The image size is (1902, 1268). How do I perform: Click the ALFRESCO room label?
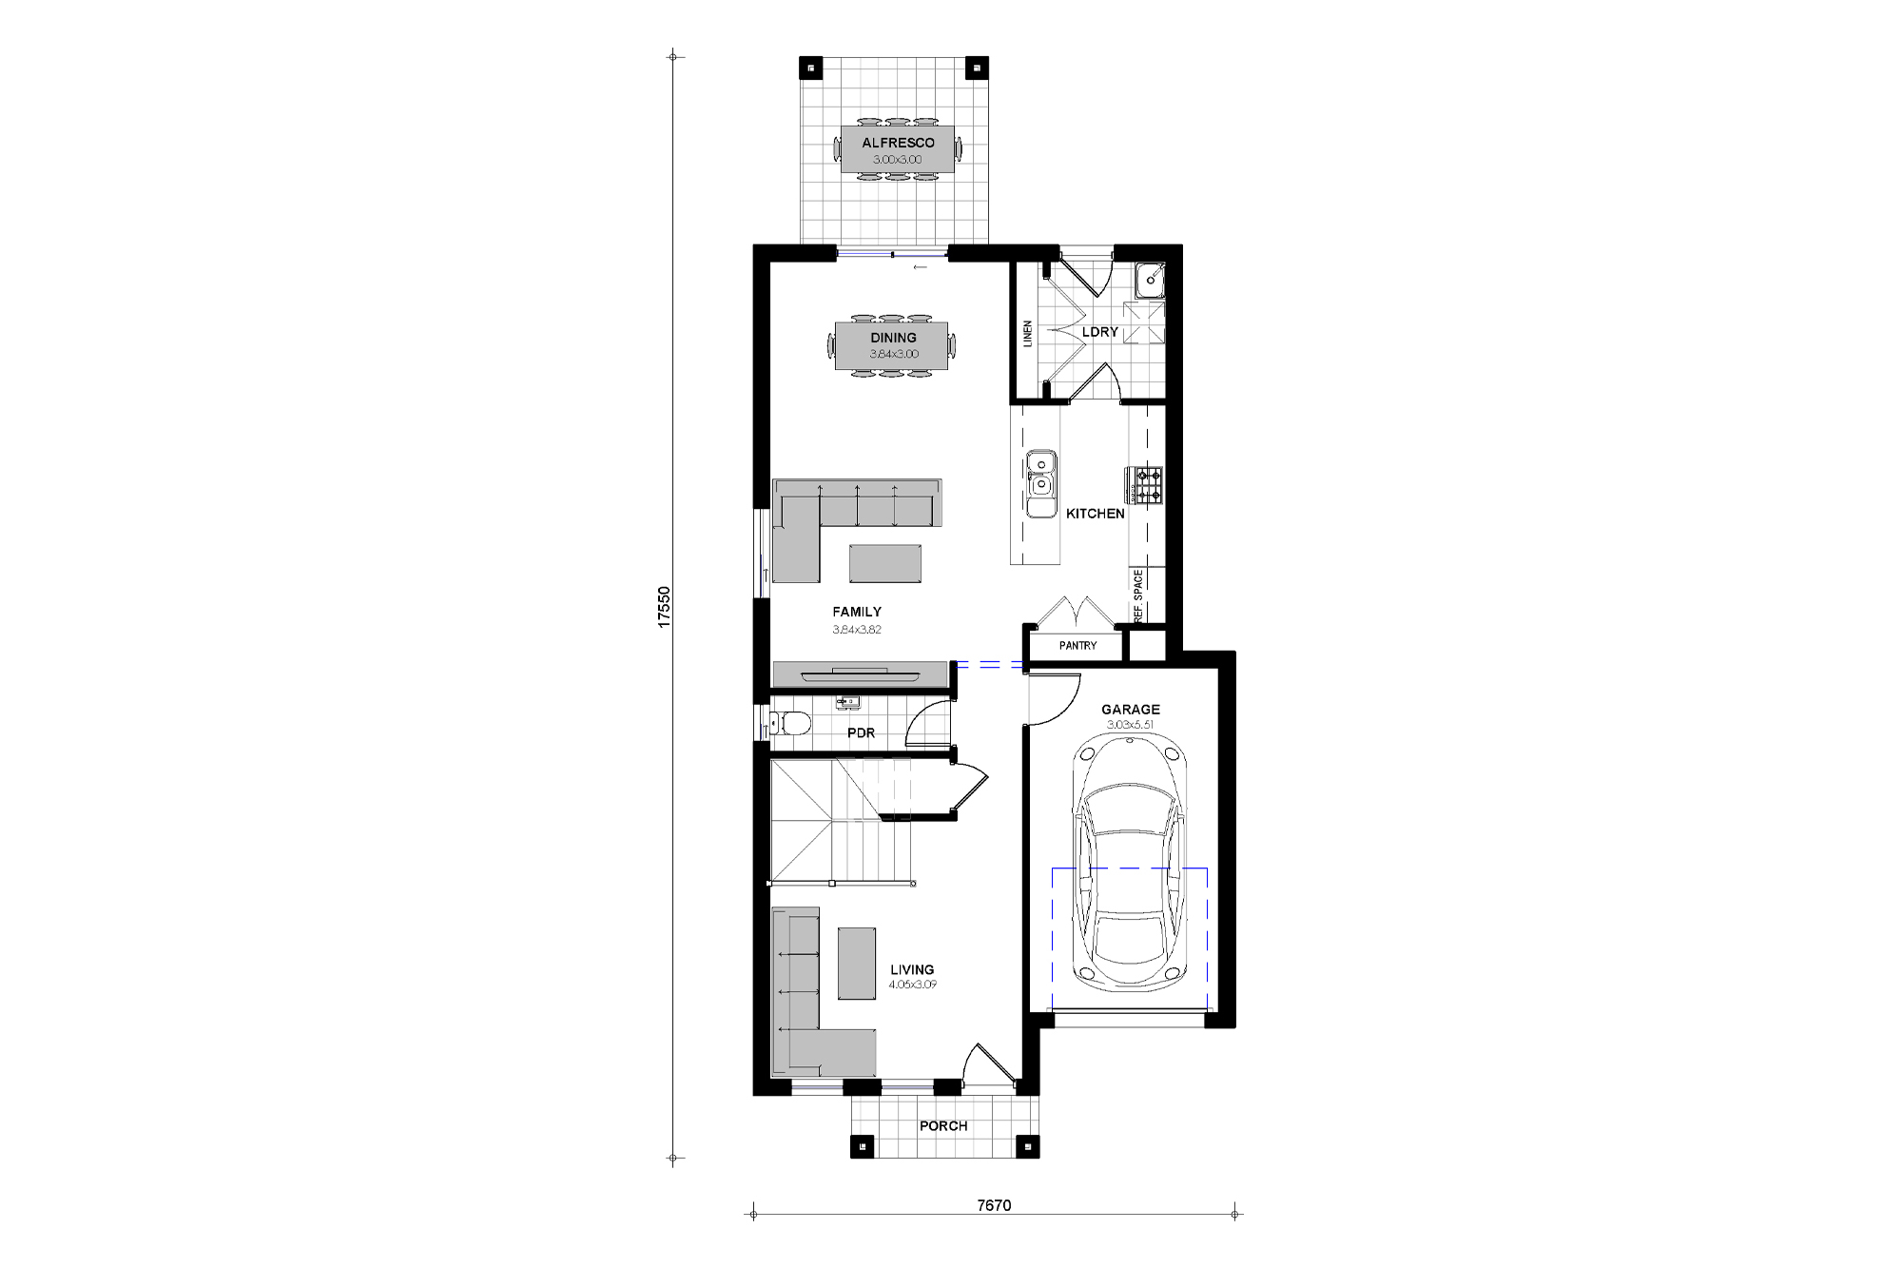click(x=898, y=143)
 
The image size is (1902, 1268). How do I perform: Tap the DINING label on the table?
click(x=893, y=338)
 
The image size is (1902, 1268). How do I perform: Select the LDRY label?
click(x=1100, y=332)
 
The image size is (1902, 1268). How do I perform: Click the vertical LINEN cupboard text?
click(x=1028, y=333)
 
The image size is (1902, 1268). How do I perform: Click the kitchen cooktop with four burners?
click(x=1145, y=485)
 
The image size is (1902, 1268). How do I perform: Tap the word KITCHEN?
click(x=1095, y=514)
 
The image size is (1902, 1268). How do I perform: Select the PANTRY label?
click(x=1077, y=646)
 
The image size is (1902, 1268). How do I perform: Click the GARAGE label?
click(x=1131, y=710)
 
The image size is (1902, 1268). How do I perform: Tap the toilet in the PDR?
click(x=789, y=725)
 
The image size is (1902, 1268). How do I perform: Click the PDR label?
click(x=861, y=734)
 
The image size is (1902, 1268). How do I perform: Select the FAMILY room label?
click(x=857, y=613)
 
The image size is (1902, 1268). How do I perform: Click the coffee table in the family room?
click(x=885, y=562)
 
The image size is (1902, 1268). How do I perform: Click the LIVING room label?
click(x=912, y=970)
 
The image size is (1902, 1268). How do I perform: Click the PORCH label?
click(x=943, y=1126)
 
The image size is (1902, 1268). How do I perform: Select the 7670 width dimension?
click(x=994, y=1205)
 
